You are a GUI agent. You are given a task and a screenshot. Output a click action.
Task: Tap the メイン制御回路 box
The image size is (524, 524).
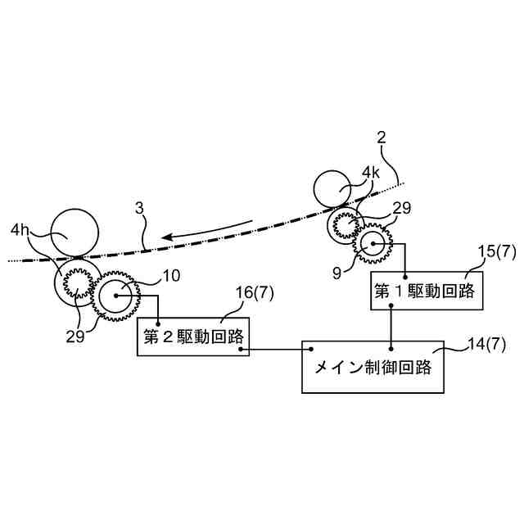click(373, 366)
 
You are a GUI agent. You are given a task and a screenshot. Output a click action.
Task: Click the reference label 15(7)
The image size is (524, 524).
click(496, 252)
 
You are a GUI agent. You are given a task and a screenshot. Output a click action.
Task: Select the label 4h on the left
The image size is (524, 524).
click(21, 232)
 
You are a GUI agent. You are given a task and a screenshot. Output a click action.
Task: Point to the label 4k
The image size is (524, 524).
click(372, 174)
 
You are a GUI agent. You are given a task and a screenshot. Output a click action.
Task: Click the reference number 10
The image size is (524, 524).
click(170, 276)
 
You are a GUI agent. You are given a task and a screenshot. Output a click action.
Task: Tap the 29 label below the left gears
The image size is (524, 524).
click(75, 336)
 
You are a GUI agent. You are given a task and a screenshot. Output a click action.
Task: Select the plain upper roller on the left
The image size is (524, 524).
click(75, 233)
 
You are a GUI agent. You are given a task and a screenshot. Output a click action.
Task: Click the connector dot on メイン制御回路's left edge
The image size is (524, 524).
click(311, 349)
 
